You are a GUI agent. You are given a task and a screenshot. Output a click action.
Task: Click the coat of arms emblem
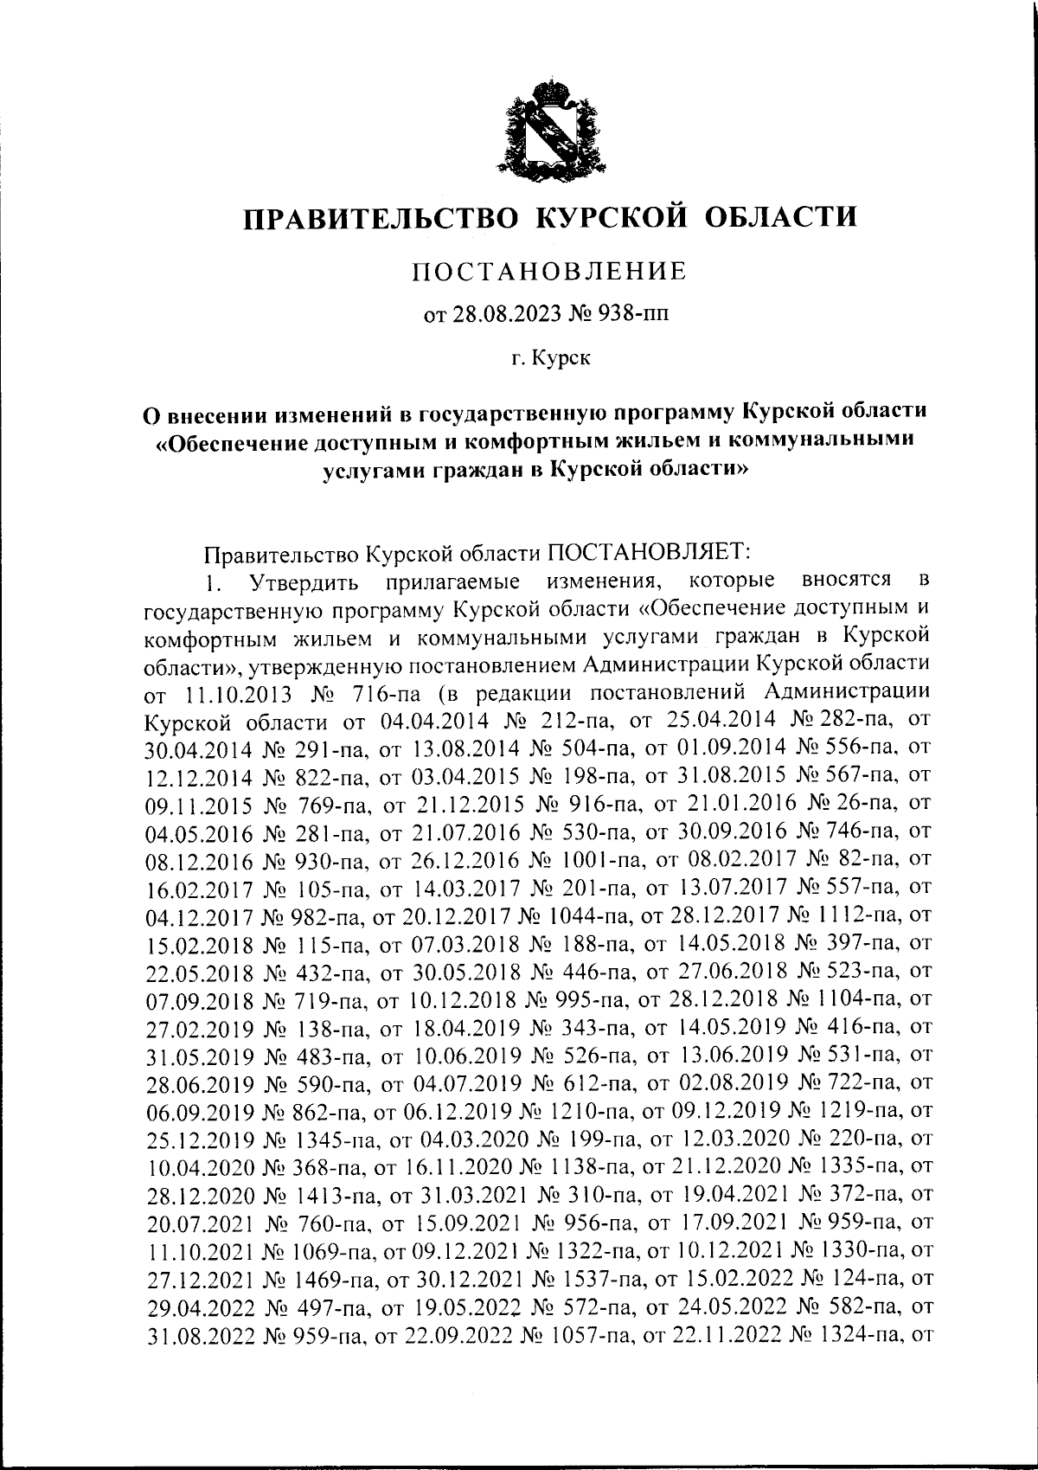[549, 130]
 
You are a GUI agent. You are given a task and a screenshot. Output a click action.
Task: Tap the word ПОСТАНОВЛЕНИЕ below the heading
[549, 272]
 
